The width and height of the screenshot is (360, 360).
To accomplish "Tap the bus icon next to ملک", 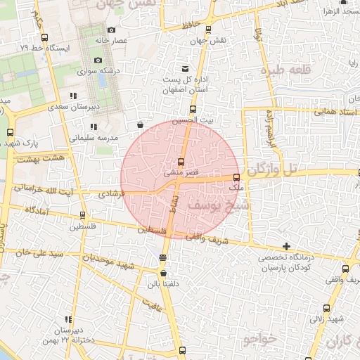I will pyautogui.click(x=236, y=178).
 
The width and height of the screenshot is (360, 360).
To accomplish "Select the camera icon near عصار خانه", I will pyautogui.click(x=112, y=30).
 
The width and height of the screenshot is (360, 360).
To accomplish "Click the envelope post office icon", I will pyautogui.click(x=185, y=69).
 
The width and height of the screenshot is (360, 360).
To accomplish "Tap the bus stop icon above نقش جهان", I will pyautogui.click(x=208, y=30).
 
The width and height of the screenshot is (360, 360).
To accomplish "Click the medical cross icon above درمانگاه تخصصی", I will pyautogui.click(x=285, y=246).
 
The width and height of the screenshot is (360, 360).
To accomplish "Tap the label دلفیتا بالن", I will pyautogui.click(x=163, y=285).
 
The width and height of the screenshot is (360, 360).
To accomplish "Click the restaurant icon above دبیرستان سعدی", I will pyautogui.click(x=72, y=96).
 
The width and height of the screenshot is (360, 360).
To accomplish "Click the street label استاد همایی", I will pyautogui.click(x=316, y=110).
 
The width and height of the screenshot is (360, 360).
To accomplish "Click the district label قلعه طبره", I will pyautogui.click(x=285, y=70).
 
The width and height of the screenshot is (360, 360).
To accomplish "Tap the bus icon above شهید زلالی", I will pyautogui.click(x=325, y=307).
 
